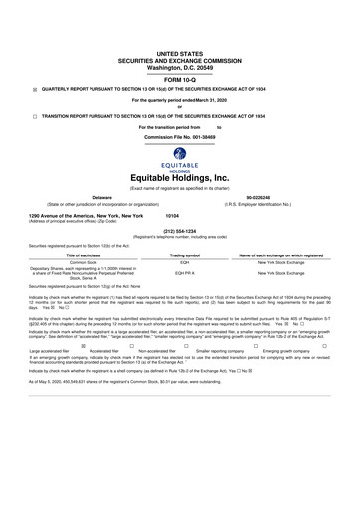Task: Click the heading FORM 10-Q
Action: point(179,77)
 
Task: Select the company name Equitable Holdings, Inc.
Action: point(179,176)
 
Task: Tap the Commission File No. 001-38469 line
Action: point(179,136)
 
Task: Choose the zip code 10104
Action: point(172,215)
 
